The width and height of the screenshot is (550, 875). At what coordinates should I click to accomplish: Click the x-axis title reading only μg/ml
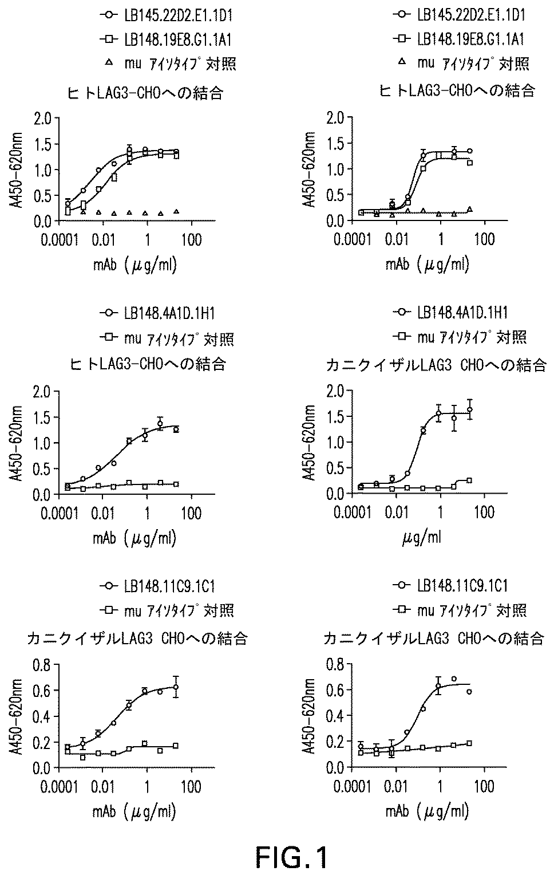[421, 537]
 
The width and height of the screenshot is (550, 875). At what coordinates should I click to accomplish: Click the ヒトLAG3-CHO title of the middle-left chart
[147, 364]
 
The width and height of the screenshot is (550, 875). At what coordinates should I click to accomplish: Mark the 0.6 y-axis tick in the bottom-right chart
[335, 690]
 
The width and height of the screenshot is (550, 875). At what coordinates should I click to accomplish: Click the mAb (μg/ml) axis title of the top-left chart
[134, 264]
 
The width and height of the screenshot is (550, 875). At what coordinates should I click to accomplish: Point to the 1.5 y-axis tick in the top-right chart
[335, 144]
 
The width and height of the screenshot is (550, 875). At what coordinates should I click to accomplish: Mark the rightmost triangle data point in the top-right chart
[469, 209]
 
